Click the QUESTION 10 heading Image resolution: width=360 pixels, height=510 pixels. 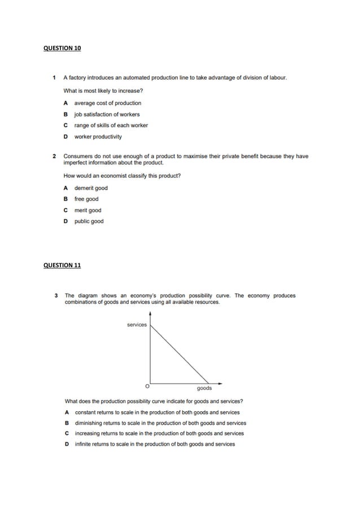coord(62,49)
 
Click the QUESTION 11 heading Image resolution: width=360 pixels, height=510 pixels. coord(62,265)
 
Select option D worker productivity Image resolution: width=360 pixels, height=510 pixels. coord(98,137)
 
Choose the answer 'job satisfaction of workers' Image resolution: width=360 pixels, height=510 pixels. coord(107,114)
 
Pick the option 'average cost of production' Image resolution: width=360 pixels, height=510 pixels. coord(108,103)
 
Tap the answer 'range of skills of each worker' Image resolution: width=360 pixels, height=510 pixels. coord(111,125)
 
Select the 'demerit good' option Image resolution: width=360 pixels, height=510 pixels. coord(91,188)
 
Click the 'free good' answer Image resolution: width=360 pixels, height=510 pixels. coord(86,199)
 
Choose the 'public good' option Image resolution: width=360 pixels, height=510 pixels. coord(89,221)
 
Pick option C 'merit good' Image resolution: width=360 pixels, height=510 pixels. coord(88,211)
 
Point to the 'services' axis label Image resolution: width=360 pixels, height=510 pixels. coord(137,325)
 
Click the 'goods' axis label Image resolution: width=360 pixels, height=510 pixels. coord(204,389)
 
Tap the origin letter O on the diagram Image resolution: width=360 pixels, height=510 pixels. coord(147,386)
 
